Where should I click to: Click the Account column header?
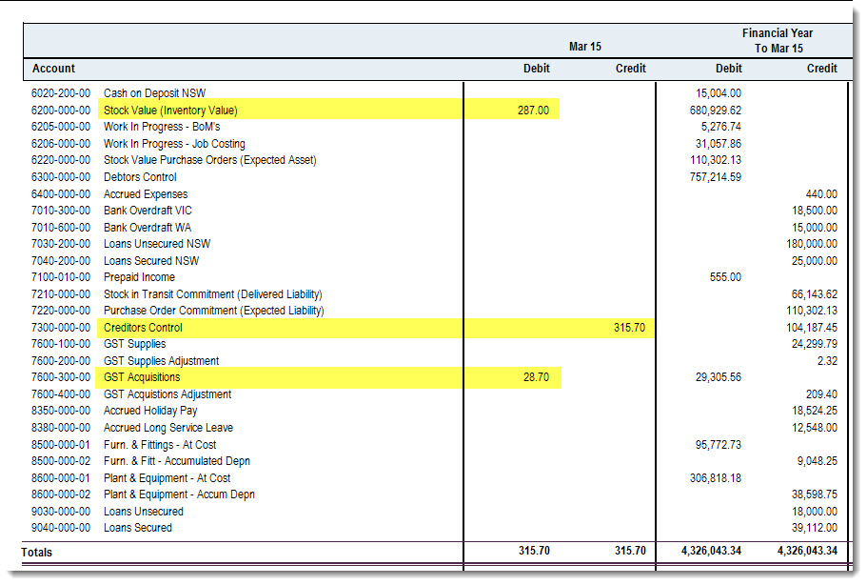click(x=53, y=69)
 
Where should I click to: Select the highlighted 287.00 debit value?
click(x=533, y=111)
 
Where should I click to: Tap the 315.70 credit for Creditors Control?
click(x=629, y=328)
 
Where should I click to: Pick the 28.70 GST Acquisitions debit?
click(x=537, y=377)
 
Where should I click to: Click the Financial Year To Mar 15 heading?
click(x=778, y=41)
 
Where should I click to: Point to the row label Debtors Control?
click(x=140, y=177)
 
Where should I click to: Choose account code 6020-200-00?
click(x=61, y=93)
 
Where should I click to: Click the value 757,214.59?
click(x=716, y=177)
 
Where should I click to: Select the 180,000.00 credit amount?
click(x=812, y=244)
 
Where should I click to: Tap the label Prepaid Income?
click(x=139, y=277)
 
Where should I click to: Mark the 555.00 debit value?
click(x=725, y=277)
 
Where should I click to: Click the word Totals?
click(x=36, y=553)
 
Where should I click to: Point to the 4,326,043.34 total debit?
click(x=711, y=551)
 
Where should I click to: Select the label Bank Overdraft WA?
click(x=148, y=228)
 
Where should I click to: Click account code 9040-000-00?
click(x=61, y=528)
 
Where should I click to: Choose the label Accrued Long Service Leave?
click(x=168, y=428)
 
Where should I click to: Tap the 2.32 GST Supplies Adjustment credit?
click(x=827, y=361)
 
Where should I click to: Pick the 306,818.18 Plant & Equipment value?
click(x=716, y=478)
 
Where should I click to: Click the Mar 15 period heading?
click(x=585, y=47)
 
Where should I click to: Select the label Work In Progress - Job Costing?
click(x=174, y=144)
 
